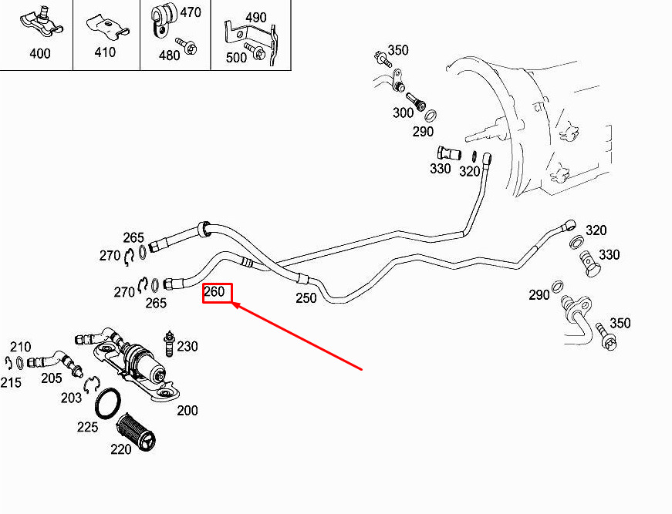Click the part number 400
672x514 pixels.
coord(40,53)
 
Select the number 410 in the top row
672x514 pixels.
coord(105,52)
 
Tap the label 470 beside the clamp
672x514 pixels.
coord(191,12)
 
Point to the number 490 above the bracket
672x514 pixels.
coord(256,18)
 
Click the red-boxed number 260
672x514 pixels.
coord(214,291)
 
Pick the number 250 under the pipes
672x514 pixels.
coord(306,298)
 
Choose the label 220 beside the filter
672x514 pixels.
coord(121,449)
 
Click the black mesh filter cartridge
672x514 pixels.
coord(137,432)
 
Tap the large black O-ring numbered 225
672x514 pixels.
coord(107,404)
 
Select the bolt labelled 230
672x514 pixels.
coord(169,344)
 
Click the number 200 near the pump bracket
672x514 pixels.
coord(187,411)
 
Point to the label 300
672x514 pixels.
coord(403,113)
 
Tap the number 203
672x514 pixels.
coord(71,398)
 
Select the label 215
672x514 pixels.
coord(11,382)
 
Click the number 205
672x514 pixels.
coord(52,378)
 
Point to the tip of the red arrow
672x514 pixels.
coord(232,303)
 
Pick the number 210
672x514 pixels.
coord(21,347)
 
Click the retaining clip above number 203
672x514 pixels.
coord(92,385)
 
